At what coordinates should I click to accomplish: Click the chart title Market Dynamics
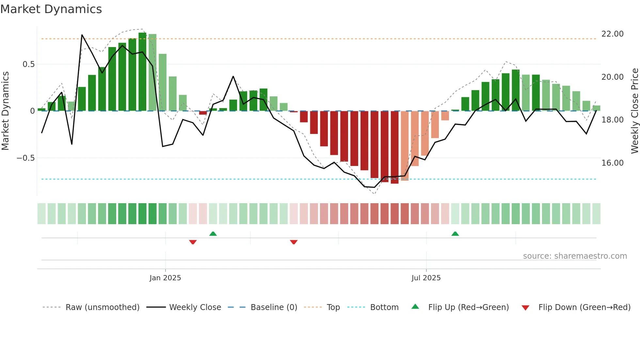tap(51, 9)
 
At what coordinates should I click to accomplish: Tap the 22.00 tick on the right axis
tap(612, 34)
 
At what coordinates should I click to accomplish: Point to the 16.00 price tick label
tap(612, 163)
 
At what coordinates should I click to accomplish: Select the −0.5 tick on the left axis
tap(25, 158)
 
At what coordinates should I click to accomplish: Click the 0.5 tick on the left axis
tap(28, 64)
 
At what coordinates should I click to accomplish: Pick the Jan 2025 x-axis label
tap(165, 278)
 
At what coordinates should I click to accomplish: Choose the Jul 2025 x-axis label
tap(426, 278)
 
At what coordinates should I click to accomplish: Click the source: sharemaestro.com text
tap(575, 256)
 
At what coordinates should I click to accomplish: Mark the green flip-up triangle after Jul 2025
tap(455, 234)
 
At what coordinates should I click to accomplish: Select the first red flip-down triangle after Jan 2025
tap(193, 242)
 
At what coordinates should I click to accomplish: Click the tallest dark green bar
tap(142, 72)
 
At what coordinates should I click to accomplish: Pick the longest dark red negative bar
tap(394, 147)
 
